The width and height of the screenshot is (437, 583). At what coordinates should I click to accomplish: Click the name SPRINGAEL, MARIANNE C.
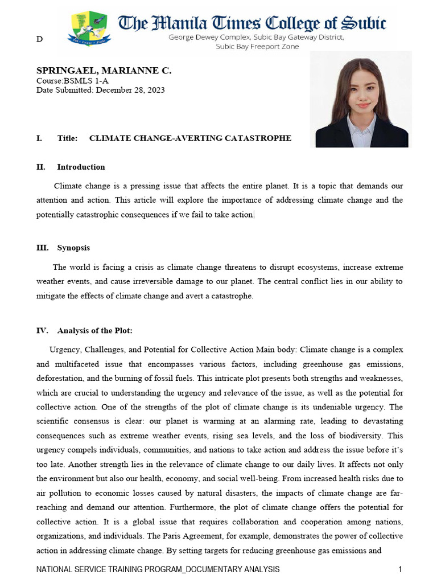[104, 71]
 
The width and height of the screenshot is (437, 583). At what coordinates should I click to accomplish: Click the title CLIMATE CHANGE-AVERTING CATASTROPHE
[190, 138]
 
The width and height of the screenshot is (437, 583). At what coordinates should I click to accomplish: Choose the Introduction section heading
[81, 167]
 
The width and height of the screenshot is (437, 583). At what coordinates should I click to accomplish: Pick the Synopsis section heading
[73, 248]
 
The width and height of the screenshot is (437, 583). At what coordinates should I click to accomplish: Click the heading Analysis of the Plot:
[94, 331]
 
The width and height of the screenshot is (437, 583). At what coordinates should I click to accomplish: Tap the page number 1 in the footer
[401, 569]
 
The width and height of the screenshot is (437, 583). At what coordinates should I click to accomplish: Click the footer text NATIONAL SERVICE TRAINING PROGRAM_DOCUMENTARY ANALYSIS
[158, 569]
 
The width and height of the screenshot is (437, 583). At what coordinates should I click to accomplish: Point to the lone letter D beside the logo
[39, 39]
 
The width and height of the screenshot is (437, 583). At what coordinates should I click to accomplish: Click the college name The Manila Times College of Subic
[252, 23]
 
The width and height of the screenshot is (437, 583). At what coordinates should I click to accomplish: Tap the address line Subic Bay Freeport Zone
[257, 46]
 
